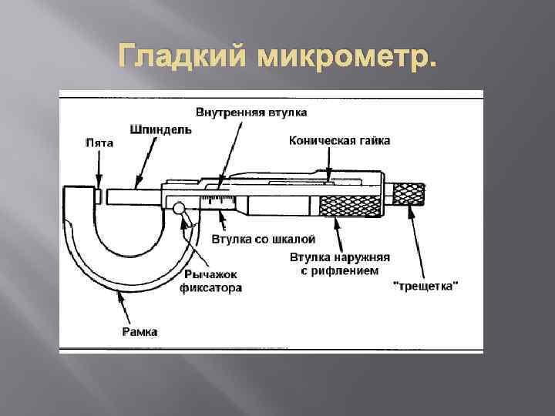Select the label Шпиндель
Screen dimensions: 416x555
(161, 130)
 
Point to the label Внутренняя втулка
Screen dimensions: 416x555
(251, 112)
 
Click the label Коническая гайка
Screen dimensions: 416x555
(339, 140)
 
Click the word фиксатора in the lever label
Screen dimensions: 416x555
(210, 288)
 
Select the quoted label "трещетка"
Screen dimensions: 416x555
(425, 286)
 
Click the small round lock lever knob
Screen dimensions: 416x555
(178, 207)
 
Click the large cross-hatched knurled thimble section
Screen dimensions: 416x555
(350, 206)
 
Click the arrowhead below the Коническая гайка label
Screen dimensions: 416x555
(328, 178)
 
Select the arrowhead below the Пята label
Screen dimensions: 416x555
(98, 180)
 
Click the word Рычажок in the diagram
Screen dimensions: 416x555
(210, 274)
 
